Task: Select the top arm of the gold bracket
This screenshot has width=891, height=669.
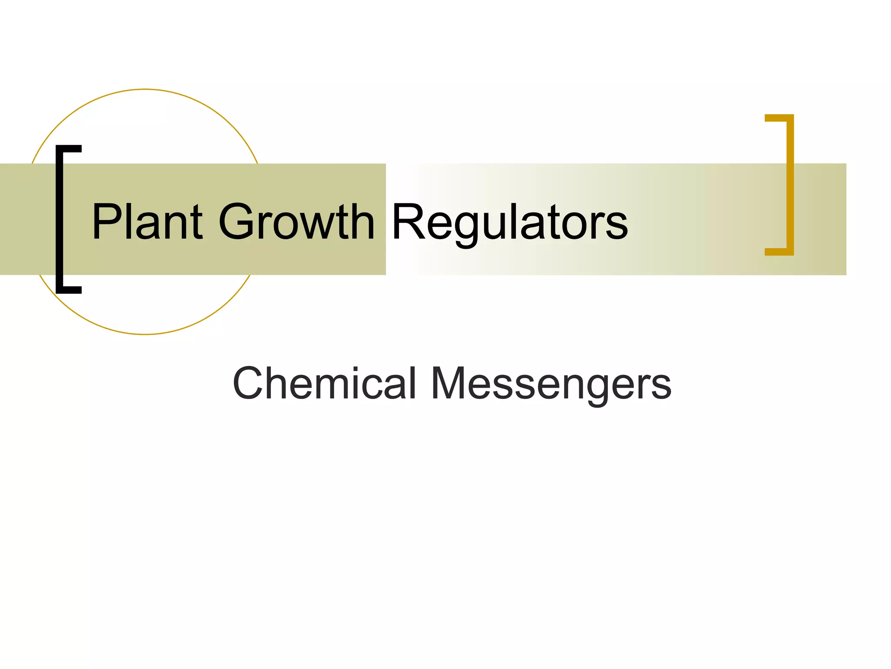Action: (779, 118)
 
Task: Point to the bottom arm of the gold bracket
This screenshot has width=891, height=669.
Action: (779, 252)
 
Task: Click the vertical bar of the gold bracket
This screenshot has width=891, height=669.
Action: (790, 185)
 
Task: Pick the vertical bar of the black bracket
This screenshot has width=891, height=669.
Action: (60, 220)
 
